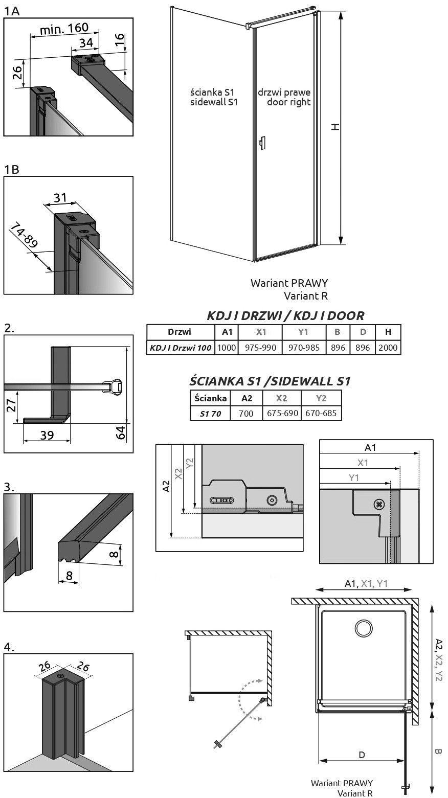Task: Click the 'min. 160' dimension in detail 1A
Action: pyautogui.click(x=64, y=29)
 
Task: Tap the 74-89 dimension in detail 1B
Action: pyautogui.click(x=24, y=235)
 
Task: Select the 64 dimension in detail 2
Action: pyautogui.click(x=121, y=432)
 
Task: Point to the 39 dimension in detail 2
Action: pyautogui.click(x=47, y=435)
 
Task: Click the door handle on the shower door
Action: pyautogui.click(x=262, y=143)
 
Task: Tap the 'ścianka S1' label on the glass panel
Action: pyautogui.click(x=212, y=92)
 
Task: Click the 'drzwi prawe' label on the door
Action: pyautogui.click(x=284, y=92)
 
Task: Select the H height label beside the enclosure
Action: pyautogui.click(x=335, y=126)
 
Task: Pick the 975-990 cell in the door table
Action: pyautogui.click(x=260, y=348)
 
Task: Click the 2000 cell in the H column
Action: pyautogui.click(x=388, y=348)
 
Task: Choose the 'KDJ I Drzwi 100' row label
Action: pyautogui.click(x=181, y=348)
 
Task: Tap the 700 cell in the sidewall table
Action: pyautogui.click(x=247, y=413)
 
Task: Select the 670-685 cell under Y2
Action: pyautogui.click(x=321, y=413)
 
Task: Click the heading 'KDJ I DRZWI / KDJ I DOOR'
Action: pyautogui.click(x=285, y=315)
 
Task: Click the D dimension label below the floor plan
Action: pyautogui.click(x=362, y=755)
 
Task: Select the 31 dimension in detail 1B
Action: pyautogui.click(x=60, y=198)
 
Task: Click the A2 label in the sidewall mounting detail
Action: pyautogui.click(x=166, y=486)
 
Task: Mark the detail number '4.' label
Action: pyautogui.click(x=9, y=647)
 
